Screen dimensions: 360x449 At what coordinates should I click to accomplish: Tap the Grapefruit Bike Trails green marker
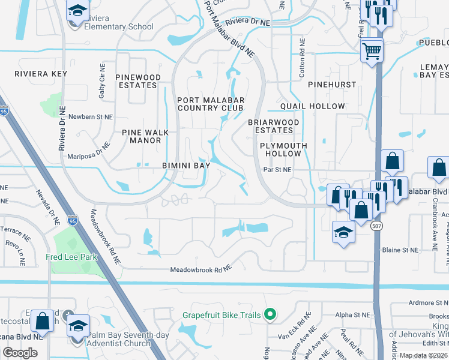[x=270, y=314]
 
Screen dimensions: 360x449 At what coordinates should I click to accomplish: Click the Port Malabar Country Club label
[x=209, y=103]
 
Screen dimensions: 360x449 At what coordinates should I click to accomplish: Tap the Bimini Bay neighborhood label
[x=185, y=165]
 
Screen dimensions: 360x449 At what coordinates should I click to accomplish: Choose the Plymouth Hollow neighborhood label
[x=283, y=149]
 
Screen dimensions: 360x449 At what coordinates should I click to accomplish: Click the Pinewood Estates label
[x=138, y=82]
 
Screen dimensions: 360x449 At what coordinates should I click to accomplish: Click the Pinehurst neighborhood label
[x=332, y=85]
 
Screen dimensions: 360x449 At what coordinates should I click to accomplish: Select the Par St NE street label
[x=277, y=170]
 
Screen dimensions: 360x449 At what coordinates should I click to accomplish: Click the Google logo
[x=20, y=353]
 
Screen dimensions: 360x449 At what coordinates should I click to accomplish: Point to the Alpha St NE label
[x=353, y=314]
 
